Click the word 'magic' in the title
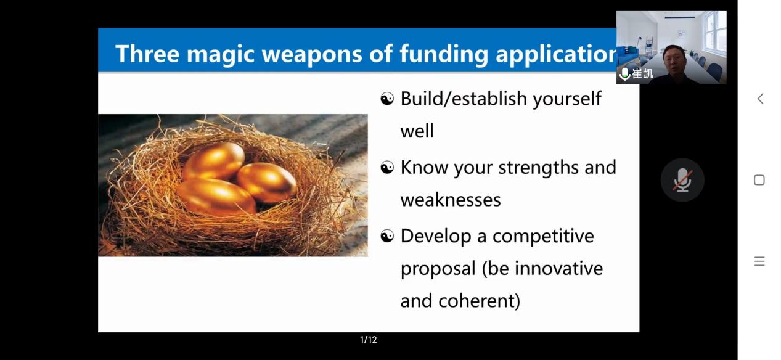coord(220,54)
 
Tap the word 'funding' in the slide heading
coord(443,54)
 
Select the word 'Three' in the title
coord(147,54)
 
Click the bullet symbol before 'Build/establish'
coord(387,99)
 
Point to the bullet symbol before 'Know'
coord(387,168)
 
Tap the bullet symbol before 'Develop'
coord(387,236)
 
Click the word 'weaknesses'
coord(451,200)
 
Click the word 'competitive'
coord(543,237)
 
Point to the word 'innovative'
coord(559,268)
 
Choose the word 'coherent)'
coord(480,301)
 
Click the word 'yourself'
coord(567,99)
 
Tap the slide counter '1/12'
coord(369,340)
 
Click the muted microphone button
coord(682,180)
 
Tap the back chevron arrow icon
coord(761,99)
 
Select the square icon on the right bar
coord(759,180)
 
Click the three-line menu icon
coord(759,261)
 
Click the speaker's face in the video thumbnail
coord(674,59)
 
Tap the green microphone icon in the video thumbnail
coord(625,73)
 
